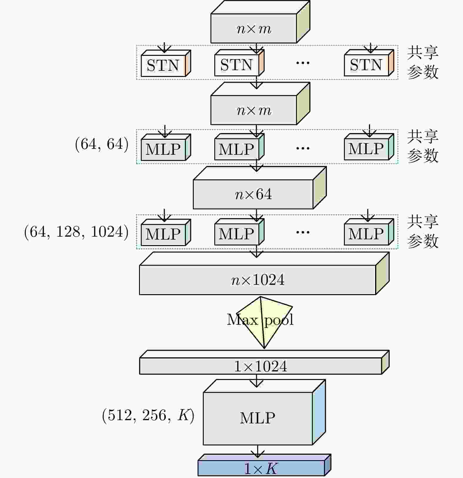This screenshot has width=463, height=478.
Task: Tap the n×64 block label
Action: click(x=253, y=194)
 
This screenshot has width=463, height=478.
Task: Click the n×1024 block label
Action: click(x=258, y=280)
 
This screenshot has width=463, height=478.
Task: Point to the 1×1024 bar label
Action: click(x=260, y=366)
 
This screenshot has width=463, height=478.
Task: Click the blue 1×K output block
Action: click(x=261, y=468)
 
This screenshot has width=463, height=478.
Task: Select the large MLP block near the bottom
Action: click(x=258, y=418)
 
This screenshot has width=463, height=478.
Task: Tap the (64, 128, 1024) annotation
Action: click(x=76, y=232)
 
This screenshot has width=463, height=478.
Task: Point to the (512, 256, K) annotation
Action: click(x=148, y=415)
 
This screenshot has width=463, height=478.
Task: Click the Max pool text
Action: click(x=260, y=319)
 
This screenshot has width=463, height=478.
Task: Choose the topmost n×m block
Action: click(x=254, y=29)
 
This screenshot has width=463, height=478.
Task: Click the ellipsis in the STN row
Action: click(x=303, y=63)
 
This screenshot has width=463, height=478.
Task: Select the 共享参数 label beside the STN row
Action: click(x=422, y=63)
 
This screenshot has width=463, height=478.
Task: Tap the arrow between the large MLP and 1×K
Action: click(x=258, y=451)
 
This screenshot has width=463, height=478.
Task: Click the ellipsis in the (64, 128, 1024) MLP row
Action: click(x=303, y=232)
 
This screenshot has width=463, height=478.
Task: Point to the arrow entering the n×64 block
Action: click(x=256, y=166)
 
